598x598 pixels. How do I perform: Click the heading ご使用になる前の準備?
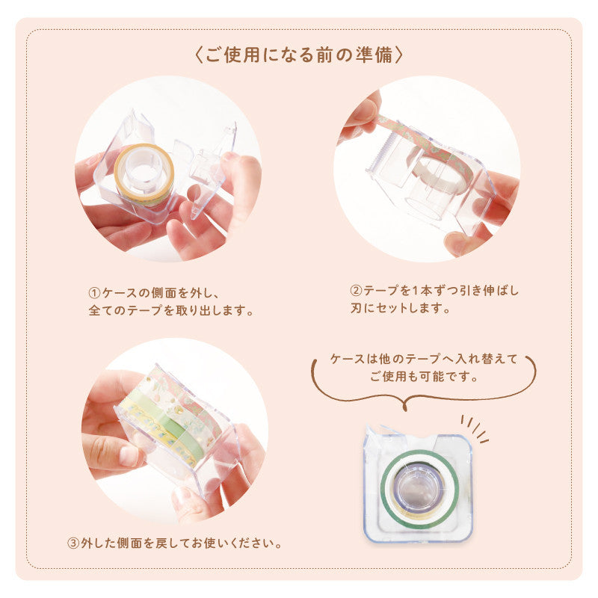(299, 56)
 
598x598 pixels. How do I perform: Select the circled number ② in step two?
(357, 290)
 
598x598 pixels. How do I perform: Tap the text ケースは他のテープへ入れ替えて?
(424, 360)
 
